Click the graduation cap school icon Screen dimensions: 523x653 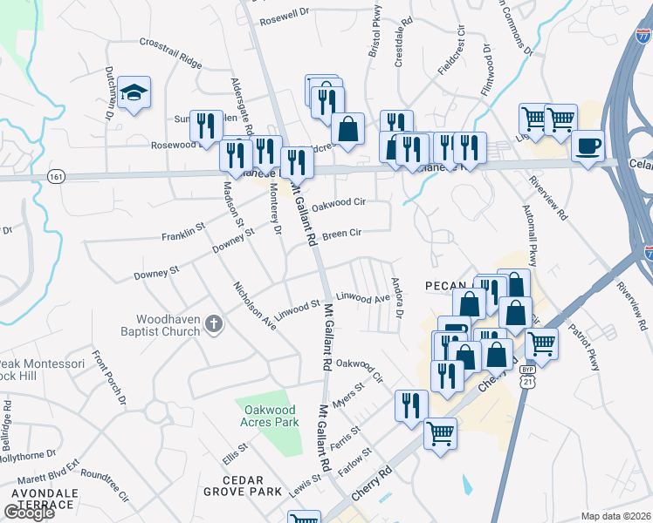pyautogui.click(x=134, y=92)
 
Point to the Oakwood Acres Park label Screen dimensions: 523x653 pyautogui.click(x=267, y=416)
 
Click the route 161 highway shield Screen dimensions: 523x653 pyautogui.click(x=57, y=176)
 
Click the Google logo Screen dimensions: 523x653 pyautogui.click(x=29, y=513)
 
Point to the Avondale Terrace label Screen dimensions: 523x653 pyautogui.click(x=42, y=499)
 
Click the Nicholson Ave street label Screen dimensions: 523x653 pyautogui.click(x=254, y=306)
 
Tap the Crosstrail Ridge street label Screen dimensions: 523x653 pyautogui.click(x=170, y=54)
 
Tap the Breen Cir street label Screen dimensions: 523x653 pyautogui.click(x=341, y=234)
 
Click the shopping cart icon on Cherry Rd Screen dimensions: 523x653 pyautogui.click(x=440, y=433)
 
